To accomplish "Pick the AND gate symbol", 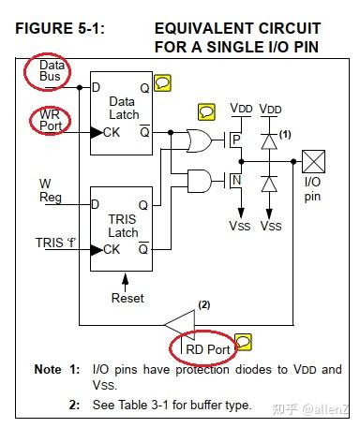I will pyautogui.click(x=200, y=179).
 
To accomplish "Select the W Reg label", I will pyautogui.click(x=50, y=190).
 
